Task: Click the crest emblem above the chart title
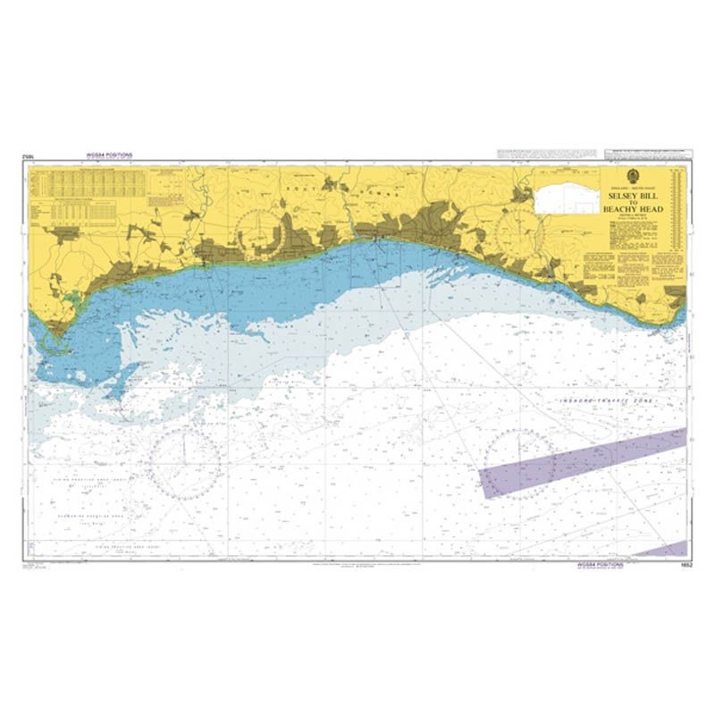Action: click(632, 176)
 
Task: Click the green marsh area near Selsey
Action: click(69, 299)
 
